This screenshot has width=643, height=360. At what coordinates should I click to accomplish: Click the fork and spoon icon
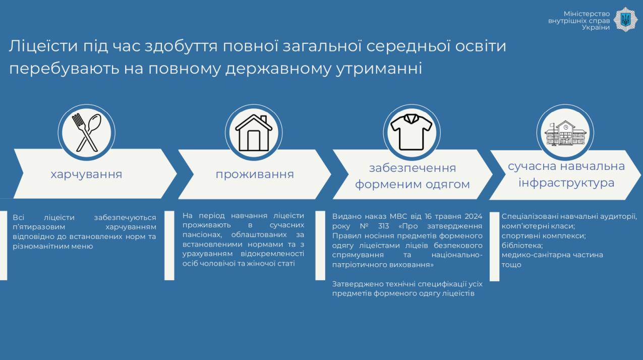coord(87,133)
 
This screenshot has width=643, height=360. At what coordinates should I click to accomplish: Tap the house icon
coord(254,133)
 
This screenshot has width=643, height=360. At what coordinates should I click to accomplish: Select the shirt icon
coord(412,132)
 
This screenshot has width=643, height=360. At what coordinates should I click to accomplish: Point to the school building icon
coord(565,133)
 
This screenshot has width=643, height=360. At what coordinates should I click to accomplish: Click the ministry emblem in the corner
coord(625,20)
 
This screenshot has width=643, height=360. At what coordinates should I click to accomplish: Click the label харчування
coord(86,174)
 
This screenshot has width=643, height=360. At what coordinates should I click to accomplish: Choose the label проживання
coord(255,174)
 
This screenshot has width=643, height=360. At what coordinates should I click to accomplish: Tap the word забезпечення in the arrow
coord(413,168)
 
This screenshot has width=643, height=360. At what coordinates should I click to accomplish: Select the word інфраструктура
coord(566,183)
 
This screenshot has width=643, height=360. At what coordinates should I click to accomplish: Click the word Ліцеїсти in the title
coord(43,46)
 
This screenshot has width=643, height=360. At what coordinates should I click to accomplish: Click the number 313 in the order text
coord(383,226)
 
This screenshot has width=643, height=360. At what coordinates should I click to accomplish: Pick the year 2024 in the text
coord(474,216)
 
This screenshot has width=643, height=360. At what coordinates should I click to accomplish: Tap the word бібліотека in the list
coord(522,246)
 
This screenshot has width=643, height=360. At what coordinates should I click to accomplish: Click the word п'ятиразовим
coord(39,227)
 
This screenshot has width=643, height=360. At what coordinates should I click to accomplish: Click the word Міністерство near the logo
coord(587,14)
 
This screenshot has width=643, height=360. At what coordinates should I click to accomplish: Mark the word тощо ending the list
coord(511,265)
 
